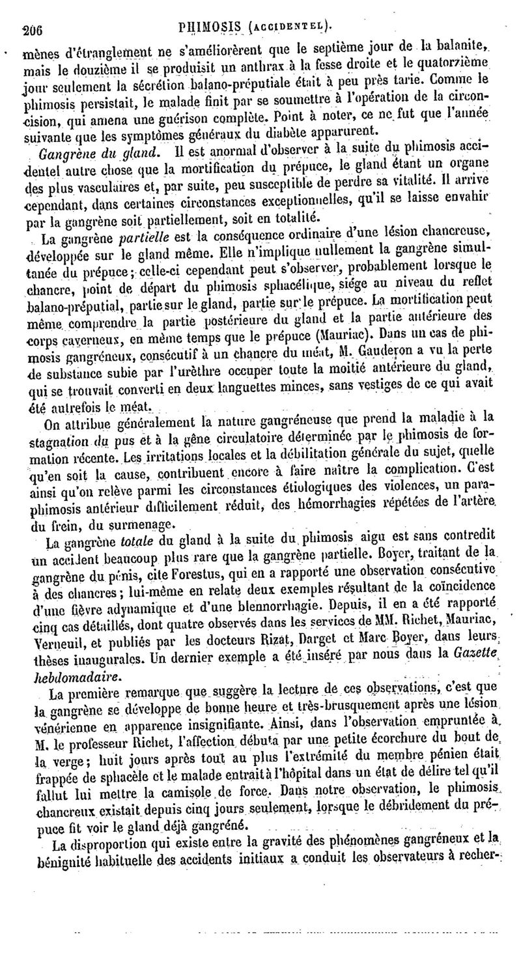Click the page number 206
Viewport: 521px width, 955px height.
coord(31,28)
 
